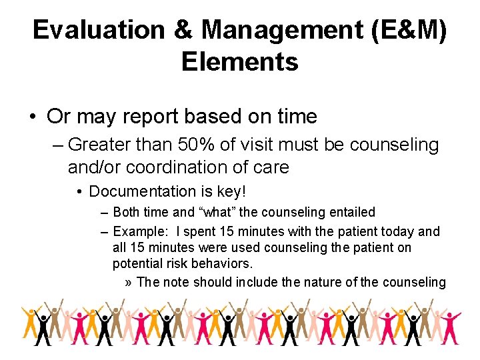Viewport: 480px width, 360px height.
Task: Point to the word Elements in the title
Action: pyautogui.click(x=239, y=61)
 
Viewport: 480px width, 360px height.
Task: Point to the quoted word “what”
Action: pyautogui.click(x=216, y=213)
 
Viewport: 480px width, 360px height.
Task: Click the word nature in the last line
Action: pyautogui.click(x=323, y=282)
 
